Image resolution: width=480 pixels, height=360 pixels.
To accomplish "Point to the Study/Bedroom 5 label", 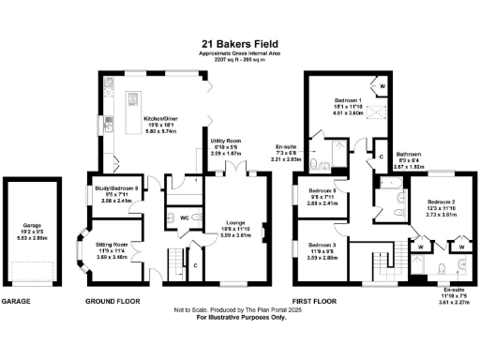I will pyautogui.click(x=115, y=188).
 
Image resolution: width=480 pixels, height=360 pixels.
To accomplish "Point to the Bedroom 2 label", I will pyautogui.click(x=442, y=202).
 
